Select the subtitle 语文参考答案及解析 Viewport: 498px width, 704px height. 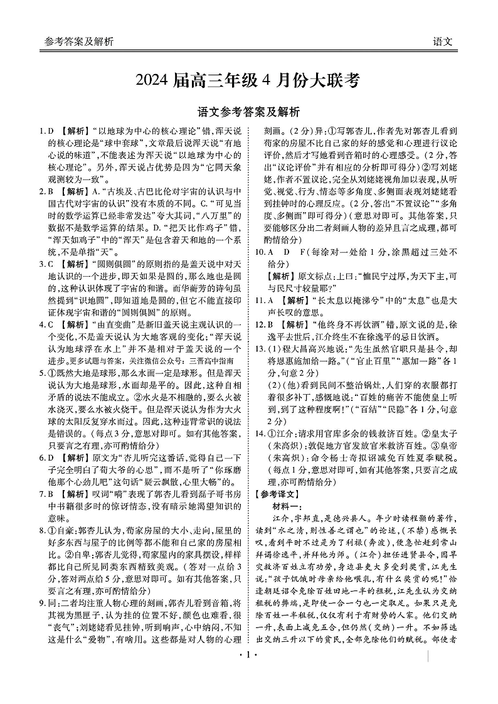coord(248,112)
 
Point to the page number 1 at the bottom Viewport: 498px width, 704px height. coord(248,690)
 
